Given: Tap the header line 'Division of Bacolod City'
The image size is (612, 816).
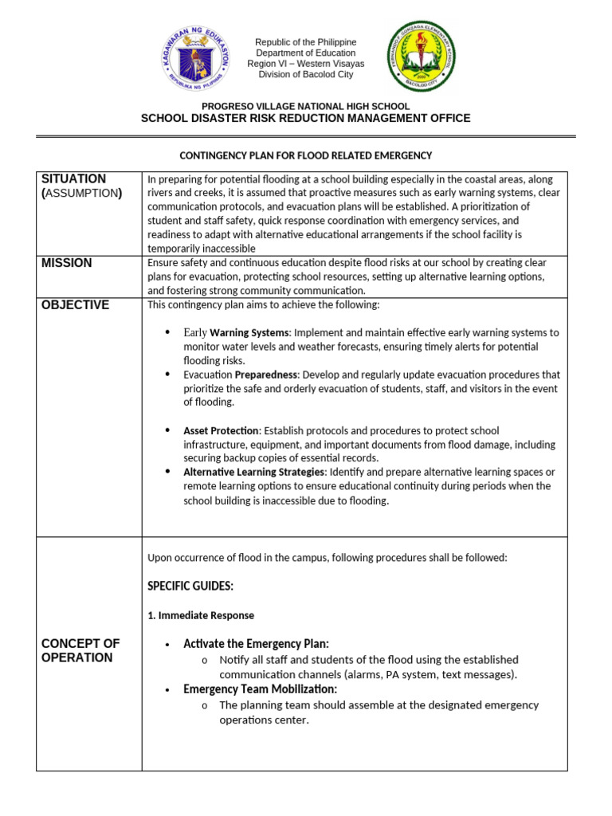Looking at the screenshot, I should [305, 75].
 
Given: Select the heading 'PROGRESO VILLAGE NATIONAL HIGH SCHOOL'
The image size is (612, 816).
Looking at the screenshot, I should [305, 106].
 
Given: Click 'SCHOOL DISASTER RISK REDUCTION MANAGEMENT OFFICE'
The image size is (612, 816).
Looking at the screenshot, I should [305, 119].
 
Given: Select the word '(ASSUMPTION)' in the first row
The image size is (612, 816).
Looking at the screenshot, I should [81, 194].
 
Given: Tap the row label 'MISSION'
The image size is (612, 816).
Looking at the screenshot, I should [68, 264].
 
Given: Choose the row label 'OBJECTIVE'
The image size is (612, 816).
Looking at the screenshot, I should [75, 305].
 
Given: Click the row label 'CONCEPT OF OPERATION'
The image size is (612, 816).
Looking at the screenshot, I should [80, 650].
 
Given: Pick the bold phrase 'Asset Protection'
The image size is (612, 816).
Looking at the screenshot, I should [222, 430].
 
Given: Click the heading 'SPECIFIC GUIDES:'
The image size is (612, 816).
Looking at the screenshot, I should [190, 586].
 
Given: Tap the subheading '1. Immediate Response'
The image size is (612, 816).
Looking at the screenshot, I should [201, 615].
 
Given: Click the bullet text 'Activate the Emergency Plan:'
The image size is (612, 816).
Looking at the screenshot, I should [256, 644].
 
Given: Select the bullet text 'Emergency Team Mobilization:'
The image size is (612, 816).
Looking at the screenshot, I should [260, 689].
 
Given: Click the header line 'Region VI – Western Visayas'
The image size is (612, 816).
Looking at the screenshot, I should [305, 64].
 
